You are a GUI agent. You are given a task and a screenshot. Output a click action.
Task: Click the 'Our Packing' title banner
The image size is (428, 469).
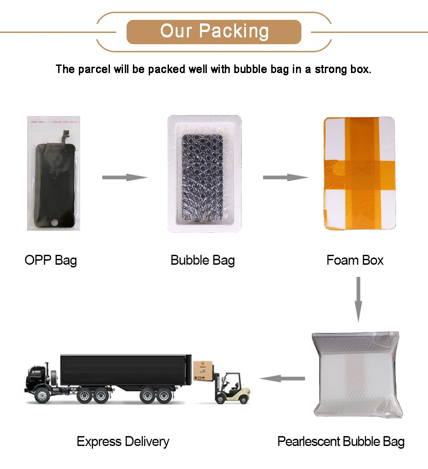214,32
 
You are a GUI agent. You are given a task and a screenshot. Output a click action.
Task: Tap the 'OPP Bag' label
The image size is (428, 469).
50,260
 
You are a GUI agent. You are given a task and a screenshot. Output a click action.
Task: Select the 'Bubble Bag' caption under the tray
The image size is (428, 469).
202,260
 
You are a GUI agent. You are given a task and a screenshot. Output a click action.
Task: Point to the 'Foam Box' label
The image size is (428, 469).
355,260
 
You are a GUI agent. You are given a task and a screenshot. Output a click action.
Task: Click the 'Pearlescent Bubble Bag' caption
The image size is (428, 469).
341,441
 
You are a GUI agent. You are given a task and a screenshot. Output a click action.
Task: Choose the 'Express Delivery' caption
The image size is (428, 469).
123,441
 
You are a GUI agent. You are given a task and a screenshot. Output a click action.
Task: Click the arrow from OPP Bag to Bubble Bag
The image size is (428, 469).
125,177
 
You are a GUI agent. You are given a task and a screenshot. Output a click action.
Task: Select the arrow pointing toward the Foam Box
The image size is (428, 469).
286,177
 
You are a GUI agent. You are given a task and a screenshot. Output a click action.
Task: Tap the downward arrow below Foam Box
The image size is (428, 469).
359,299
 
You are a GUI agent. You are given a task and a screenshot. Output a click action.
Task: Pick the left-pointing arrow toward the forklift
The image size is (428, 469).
282,378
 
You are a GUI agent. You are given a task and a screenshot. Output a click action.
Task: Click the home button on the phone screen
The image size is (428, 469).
54,222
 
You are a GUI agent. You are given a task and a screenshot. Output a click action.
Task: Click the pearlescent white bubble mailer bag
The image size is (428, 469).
356,374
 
